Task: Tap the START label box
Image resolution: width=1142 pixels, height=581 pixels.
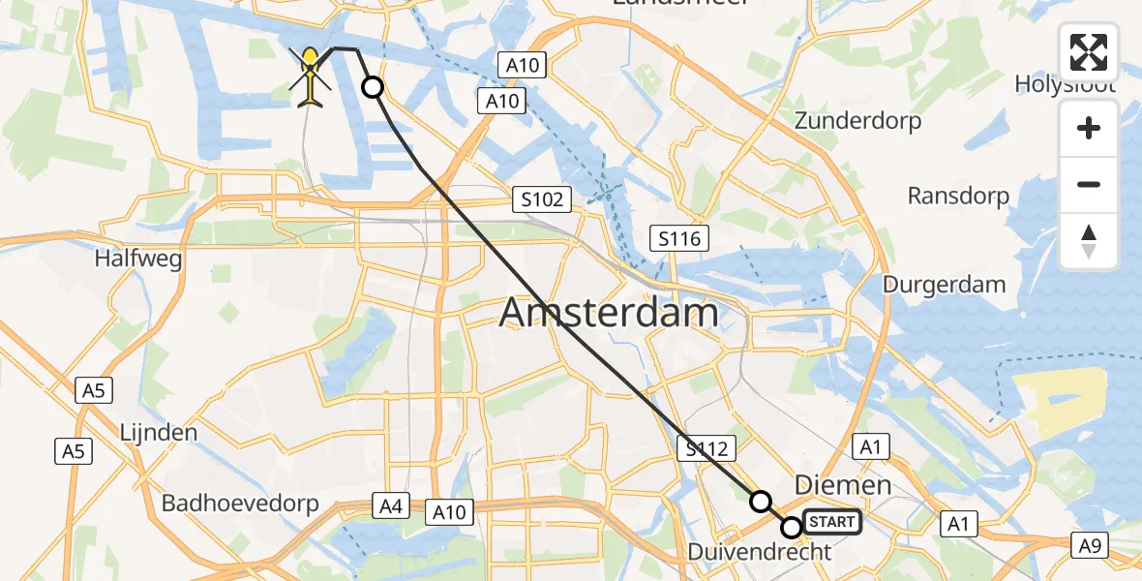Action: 830,523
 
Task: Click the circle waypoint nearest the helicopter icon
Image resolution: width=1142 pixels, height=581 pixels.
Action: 373,88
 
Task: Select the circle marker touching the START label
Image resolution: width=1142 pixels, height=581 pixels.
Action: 792,528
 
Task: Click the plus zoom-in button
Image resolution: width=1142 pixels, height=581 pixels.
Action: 1089,129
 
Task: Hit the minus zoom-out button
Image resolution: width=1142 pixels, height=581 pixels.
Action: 1089,185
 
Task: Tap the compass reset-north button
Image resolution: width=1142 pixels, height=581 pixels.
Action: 1089,241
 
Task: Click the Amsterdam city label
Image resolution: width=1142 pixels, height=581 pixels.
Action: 609,314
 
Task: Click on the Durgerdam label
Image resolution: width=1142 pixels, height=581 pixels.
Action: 944,286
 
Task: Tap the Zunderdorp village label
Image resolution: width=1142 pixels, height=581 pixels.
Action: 857,121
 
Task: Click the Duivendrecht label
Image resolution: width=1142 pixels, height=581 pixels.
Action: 760,552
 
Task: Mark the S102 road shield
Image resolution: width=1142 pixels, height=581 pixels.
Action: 542,200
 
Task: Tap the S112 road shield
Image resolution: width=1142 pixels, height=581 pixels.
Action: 707,447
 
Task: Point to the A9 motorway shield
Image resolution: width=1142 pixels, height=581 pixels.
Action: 1090,545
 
